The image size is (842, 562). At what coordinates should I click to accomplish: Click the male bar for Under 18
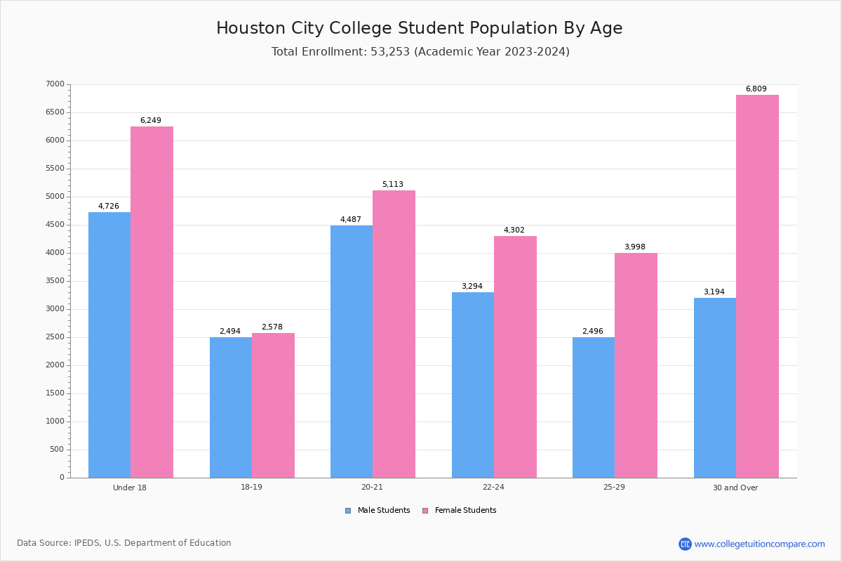[109, 345]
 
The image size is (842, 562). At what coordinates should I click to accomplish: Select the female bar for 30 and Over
[757, 287]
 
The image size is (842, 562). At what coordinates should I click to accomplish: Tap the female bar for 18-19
[273, 405]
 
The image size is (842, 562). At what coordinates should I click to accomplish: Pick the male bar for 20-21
[352, 351]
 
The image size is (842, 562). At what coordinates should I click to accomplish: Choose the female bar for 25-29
[636, 365]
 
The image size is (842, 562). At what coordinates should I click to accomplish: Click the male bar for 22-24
[473, 385]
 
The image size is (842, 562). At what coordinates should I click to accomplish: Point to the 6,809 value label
[756, 89]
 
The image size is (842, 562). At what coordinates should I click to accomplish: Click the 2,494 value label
[229, 332]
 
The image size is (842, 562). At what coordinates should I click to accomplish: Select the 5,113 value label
[392, 185]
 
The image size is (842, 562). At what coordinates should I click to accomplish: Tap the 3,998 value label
[635, 247]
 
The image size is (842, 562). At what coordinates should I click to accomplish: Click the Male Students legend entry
[377, 511]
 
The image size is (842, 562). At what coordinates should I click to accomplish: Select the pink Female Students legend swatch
[425, 511]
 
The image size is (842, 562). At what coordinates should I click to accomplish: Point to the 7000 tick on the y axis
[55, 84]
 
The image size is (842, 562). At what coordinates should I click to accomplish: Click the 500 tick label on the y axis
[57, 450]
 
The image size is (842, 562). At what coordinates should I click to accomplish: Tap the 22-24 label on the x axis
[493, 487]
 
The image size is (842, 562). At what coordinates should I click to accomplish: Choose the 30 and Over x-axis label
[735, 488]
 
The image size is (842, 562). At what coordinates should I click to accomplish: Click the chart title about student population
[419, 28]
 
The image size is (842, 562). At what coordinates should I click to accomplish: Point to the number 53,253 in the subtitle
[390, 51]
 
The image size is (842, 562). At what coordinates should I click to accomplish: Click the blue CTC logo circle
[685, 544]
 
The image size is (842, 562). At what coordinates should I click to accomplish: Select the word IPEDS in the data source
[86, 543]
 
